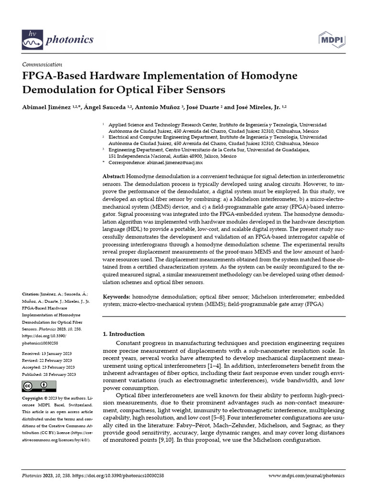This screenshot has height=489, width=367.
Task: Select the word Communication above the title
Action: point(43,64)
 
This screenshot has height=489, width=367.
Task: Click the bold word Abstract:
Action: point(114,177)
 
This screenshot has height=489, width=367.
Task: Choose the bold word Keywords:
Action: point(117,297)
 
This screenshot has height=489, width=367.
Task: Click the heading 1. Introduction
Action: point(124,334)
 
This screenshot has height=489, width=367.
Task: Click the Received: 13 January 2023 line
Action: point(47,353)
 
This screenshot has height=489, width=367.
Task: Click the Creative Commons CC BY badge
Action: point(36,386)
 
